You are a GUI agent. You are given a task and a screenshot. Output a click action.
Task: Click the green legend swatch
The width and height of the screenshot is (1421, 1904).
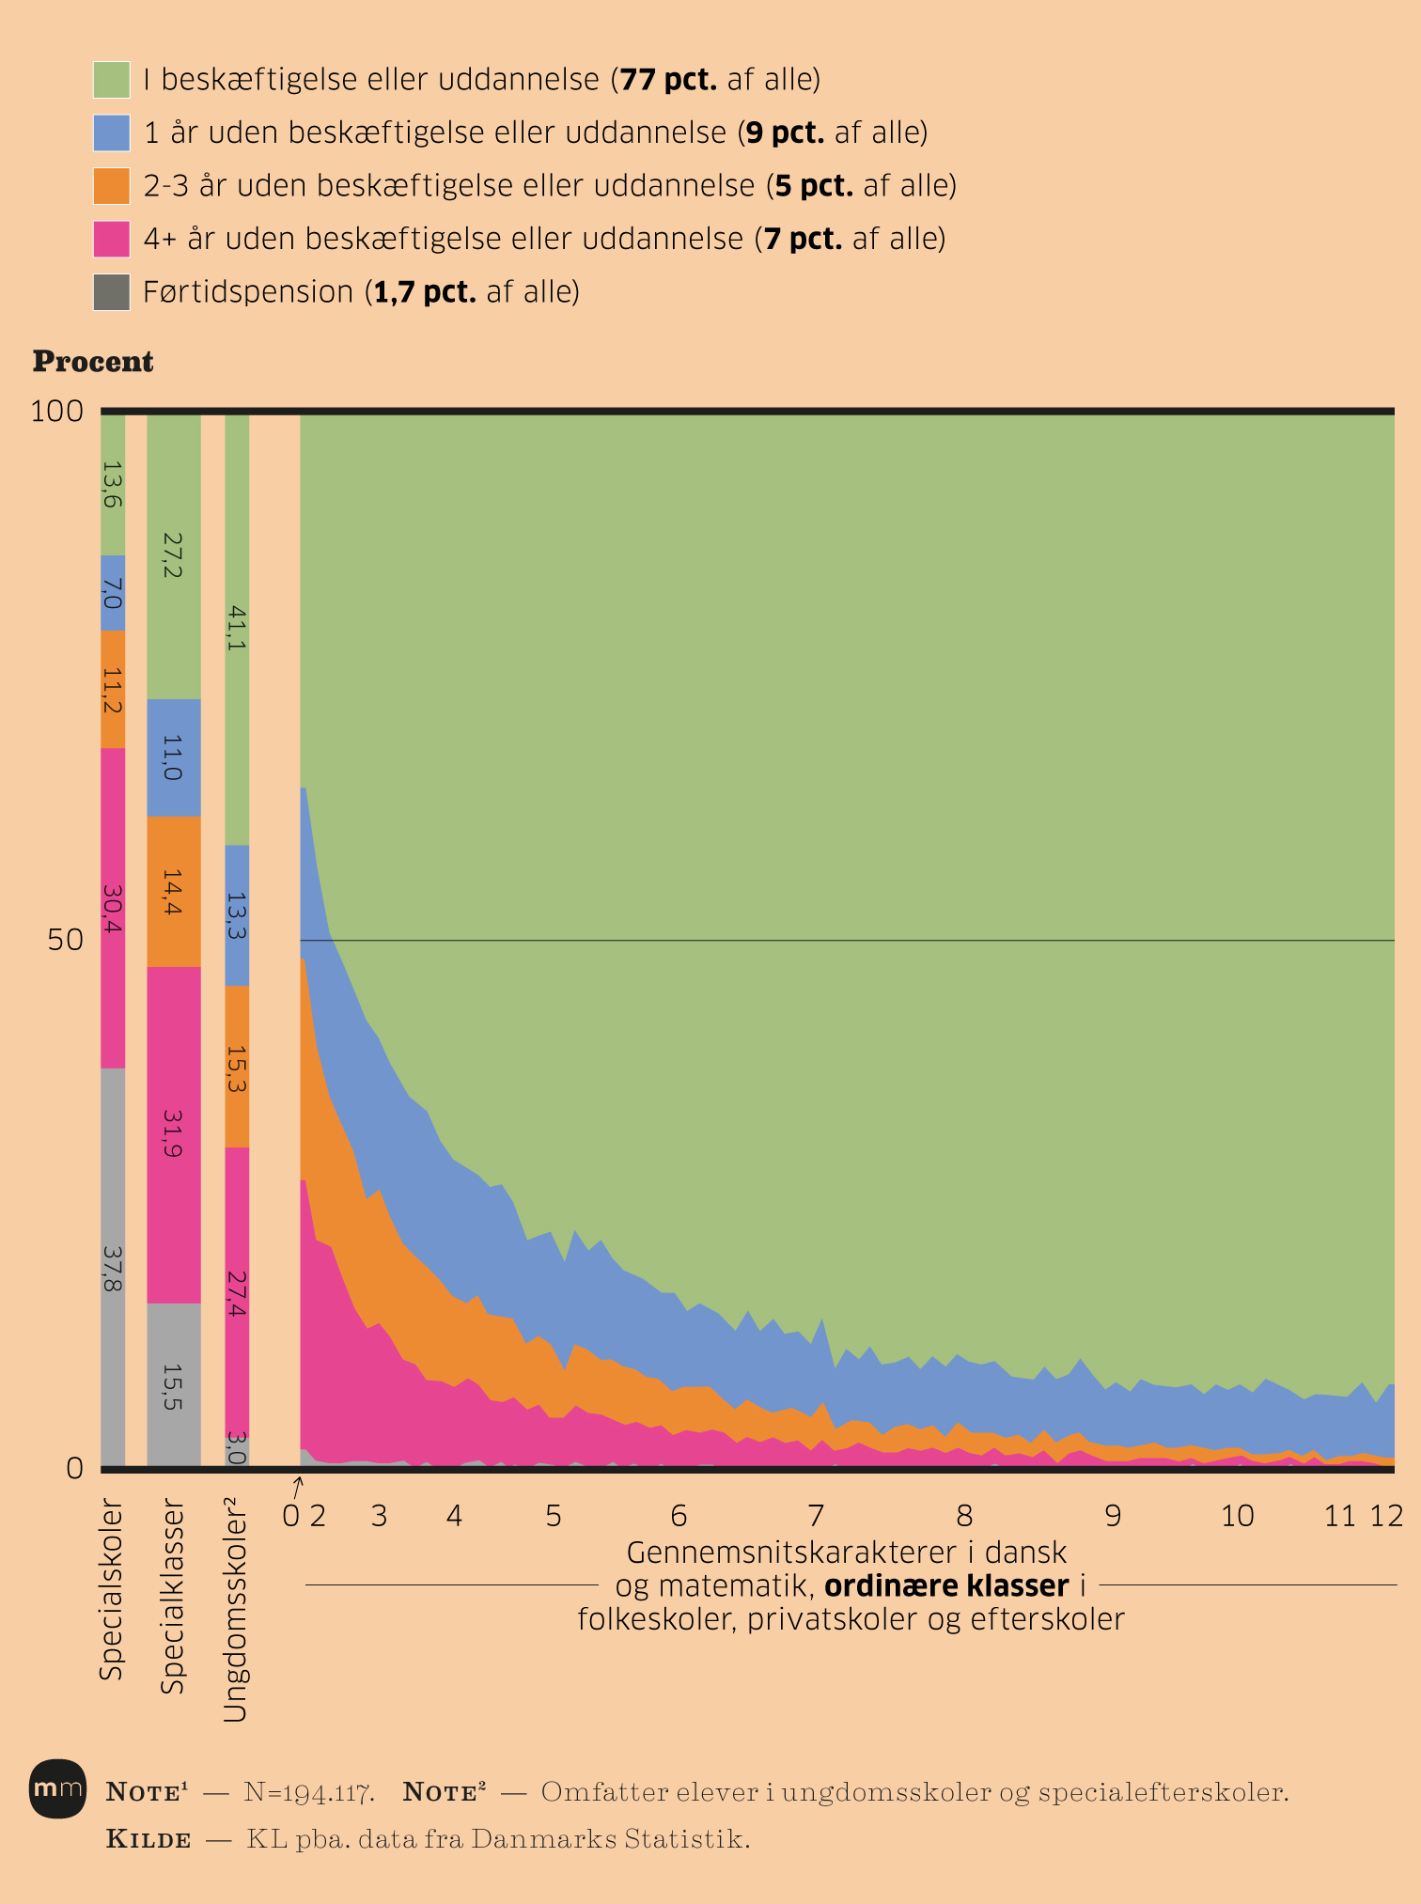111,80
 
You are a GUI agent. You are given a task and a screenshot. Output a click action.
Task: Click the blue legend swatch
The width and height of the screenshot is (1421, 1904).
111,133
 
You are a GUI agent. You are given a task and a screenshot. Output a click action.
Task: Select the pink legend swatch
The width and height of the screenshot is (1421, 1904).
111,239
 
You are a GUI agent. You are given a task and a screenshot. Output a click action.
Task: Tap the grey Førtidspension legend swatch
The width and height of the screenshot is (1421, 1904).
111,292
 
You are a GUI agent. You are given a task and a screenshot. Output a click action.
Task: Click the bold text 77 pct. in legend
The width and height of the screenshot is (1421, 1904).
667,80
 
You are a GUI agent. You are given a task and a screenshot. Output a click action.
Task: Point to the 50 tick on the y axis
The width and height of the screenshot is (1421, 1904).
65,940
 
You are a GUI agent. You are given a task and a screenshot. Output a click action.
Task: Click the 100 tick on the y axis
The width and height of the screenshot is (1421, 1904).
57,412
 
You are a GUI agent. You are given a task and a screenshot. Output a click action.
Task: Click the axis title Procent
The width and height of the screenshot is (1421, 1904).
93,362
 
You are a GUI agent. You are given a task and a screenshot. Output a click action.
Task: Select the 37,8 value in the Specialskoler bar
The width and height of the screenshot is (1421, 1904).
113,1268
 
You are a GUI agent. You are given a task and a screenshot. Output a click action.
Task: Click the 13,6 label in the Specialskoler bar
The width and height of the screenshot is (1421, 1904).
113,484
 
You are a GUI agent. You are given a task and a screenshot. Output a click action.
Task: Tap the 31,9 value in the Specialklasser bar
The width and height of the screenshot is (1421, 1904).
173,1133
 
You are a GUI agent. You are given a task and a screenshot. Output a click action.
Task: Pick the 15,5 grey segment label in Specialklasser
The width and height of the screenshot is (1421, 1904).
173,1387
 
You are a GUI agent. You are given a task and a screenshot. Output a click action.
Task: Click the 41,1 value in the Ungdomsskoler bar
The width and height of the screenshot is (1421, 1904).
237,629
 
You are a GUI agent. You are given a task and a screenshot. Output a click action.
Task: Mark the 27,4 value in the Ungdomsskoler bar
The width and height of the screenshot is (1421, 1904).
237,1293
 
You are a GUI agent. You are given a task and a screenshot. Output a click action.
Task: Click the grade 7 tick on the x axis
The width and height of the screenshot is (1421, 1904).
816,1516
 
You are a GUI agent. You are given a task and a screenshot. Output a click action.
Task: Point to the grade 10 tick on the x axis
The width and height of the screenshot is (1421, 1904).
1237,1516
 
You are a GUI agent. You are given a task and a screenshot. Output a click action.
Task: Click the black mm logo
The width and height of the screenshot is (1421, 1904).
57,1788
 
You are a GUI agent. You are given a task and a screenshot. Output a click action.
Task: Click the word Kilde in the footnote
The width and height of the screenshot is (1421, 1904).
148,1839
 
